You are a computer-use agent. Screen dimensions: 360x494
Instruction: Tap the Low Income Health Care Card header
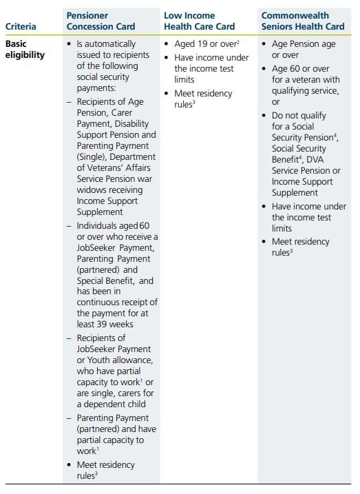coord(199,21)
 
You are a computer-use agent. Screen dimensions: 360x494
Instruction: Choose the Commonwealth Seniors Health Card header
coord(303,21)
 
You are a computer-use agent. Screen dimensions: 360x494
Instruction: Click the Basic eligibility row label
coord(25,49)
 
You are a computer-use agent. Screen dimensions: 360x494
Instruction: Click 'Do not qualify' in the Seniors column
coord(299,115)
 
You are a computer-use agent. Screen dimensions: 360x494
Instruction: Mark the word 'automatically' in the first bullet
coord(116,43)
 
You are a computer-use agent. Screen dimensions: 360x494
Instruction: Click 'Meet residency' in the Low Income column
coord(203,93)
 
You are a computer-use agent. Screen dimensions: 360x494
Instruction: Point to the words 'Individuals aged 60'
coord(114,225)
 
